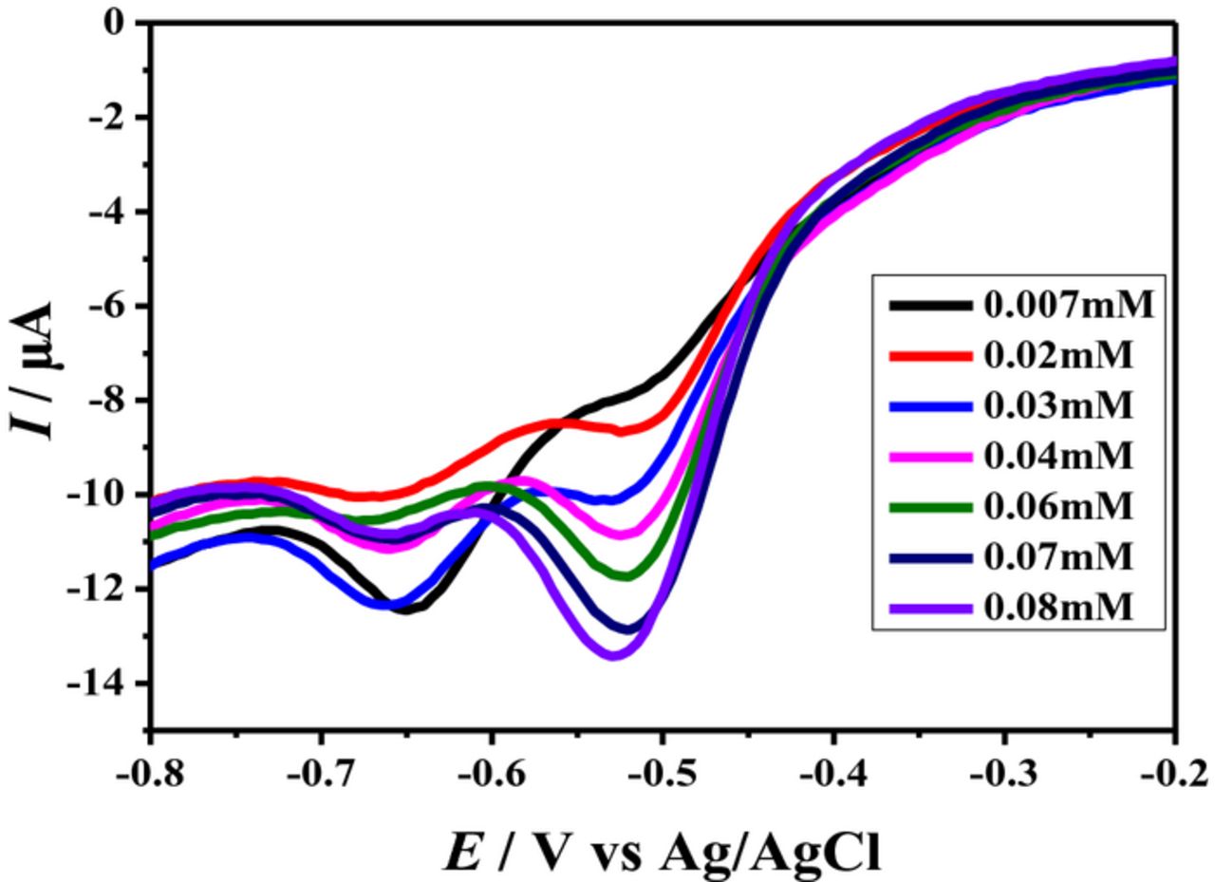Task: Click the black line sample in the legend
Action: [930, 306]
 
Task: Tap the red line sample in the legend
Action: [930, 356]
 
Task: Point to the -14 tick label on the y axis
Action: [108, 684]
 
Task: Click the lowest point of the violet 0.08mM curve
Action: [614, 655]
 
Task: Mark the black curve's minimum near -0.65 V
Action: [406, 610]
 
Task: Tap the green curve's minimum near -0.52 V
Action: [626, 575]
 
